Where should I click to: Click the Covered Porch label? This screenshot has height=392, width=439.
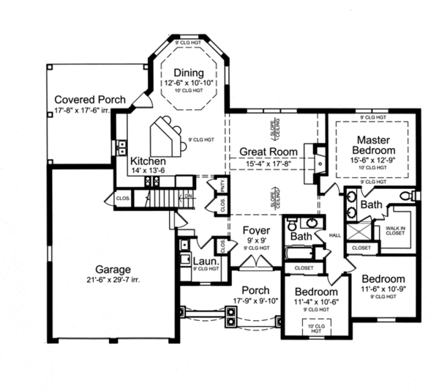90,100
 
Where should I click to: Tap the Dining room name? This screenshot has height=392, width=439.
189,72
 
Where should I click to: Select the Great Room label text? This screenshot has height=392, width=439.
269,152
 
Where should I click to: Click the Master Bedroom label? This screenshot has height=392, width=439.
378,145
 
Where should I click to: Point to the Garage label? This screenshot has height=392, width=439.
107,268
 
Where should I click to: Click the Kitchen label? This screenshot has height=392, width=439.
148,161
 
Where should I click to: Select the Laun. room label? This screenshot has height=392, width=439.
203,259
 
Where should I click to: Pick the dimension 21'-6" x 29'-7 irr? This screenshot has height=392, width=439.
107,280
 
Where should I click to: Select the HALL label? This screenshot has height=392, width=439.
336,235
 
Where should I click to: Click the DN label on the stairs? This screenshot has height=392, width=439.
187,196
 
